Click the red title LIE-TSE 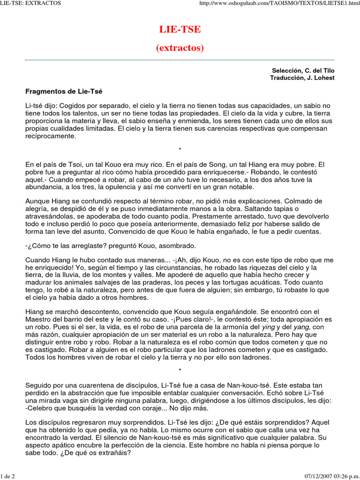click(180, 30)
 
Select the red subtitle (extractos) click(180, 48)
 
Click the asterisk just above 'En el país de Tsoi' click(180, 150)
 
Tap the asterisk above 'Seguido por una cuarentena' click(180, 370)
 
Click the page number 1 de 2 click(8, 476)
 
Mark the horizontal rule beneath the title click(180, 60)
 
